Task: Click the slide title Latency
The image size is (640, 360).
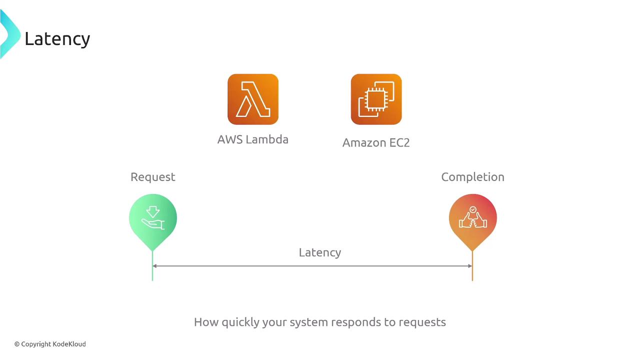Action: click(x=57, y=39)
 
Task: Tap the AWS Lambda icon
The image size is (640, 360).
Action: click(x=253, y=99)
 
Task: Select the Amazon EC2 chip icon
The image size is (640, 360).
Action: click(x=376, y=99)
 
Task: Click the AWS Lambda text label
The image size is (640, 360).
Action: click(x=253, y=139)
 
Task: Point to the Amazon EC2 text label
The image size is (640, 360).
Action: click(x=376, y=142)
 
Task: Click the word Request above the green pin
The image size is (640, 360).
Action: click(x=153, y=177)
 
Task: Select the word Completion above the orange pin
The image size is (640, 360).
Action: click(x=472, y=177)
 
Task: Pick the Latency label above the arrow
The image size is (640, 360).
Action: click(x=320, y=252)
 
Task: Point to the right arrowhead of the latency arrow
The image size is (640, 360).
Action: click(x=469, y=266)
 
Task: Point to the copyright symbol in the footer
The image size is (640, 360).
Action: click(x=17, y=344)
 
